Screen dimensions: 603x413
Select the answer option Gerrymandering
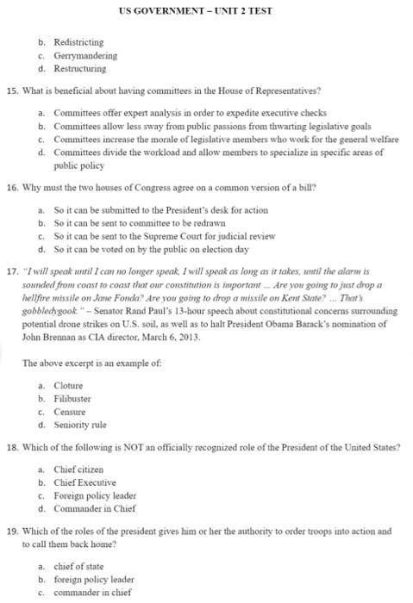coord(84,55)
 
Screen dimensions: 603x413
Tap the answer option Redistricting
coord(78,41)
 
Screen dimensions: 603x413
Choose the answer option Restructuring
coord(79,68)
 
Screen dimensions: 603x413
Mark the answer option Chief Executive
coord(84,482)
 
